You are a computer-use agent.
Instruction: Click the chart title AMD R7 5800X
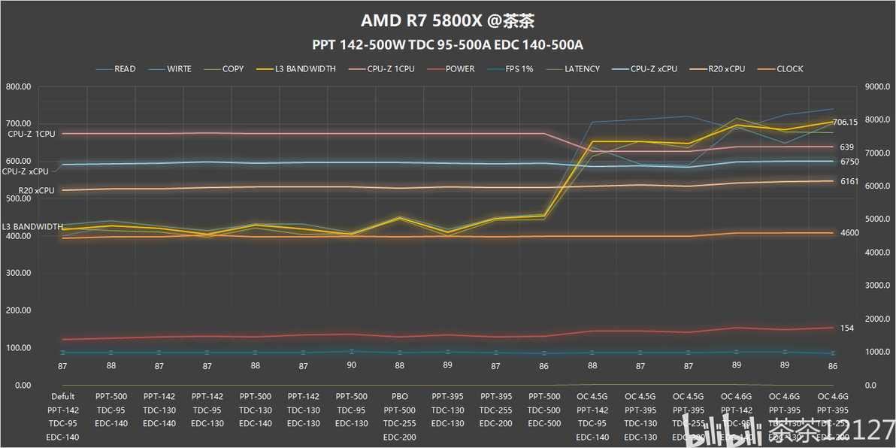pyautogui.click(x=448, y=20)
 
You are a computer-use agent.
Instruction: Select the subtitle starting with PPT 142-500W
pyautogui.click(x=448, y=44)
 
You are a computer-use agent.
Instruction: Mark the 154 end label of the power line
pyautogui.click(x=846, y=328)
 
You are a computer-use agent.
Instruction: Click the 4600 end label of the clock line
pyautogui.click(x=849, y=233)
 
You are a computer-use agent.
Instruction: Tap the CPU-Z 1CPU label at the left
pyautogui.click(x=32, y=134)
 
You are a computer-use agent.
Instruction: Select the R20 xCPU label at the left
pyautogui.click(x=37, y=191)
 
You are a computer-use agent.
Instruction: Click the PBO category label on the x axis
pyautogui.click(x=399, y=397)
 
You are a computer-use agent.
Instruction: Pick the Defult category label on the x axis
pyautogui.click(x=62, y=397)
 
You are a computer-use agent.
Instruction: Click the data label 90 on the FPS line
pyautogui.click(x=351, y=365)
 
